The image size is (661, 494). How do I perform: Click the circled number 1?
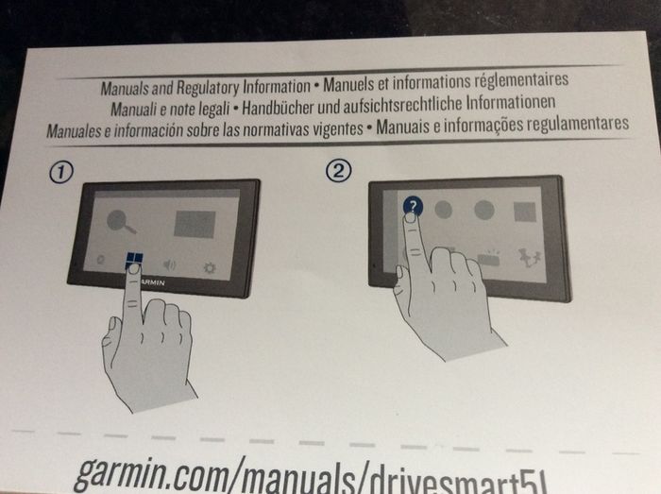61,173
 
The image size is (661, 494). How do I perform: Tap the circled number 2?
338,171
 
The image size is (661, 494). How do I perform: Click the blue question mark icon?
413,206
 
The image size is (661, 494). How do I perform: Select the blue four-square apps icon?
134,260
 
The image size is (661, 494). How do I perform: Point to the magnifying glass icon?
121,221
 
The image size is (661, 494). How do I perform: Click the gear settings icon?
210,267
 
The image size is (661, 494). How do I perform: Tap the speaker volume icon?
169,264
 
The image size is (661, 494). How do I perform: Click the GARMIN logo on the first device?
152,282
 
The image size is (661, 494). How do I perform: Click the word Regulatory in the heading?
208,88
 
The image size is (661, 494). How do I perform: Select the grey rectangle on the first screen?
195,224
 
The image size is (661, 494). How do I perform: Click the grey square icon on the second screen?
525,212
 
